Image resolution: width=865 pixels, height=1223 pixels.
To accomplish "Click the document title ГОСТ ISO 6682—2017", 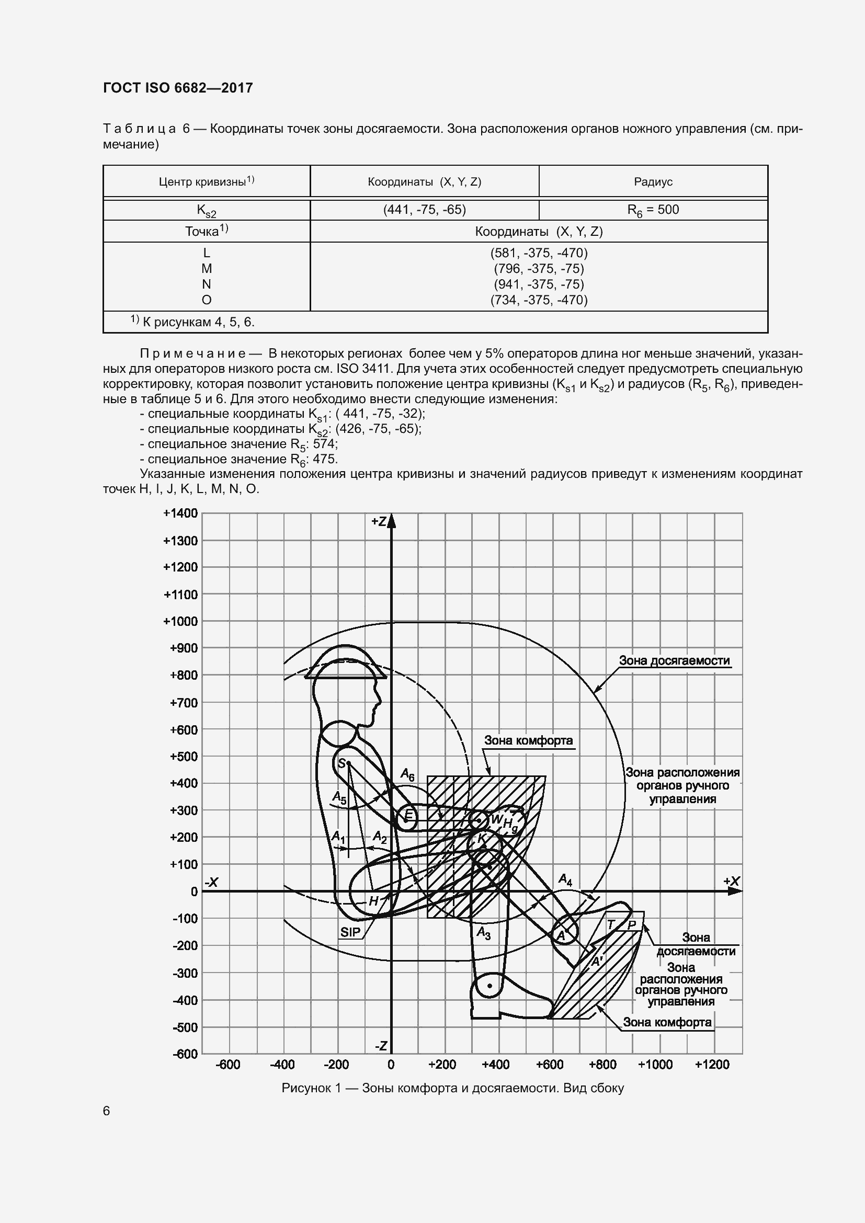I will pos(178,88).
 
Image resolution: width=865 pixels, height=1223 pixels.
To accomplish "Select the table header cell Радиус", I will pos(653,182).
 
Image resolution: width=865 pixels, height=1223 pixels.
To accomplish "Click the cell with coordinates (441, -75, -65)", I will pos(425,210).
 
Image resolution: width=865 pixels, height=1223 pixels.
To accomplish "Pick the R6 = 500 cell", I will pos(653,210).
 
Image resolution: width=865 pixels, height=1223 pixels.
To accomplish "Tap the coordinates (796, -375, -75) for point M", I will pos(539,268).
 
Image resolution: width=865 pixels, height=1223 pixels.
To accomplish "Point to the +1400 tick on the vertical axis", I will pos(180,513).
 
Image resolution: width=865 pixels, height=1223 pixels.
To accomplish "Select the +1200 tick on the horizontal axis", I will pos(712,1065).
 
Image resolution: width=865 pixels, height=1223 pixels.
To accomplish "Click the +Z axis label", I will pos(379,521).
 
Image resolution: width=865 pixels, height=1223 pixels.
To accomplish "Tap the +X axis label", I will pos(731,882).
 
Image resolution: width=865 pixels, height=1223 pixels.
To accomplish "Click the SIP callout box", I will pos(350,932).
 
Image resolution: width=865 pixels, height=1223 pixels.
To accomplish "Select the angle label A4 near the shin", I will pos(565,880).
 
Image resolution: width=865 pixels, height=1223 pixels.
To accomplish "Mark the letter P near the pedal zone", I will pos(632,925).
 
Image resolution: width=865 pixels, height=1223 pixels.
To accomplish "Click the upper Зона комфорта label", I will pos(528,740).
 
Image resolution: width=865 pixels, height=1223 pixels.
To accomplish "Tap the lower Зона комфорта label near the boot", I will pos(667,1022).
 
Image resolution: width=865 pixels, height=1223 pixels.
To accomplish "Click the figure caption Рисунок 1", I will pos(452,1088).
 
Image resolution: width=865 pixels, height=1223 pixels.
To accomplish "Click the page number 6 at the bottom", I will pos(107,1111).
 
